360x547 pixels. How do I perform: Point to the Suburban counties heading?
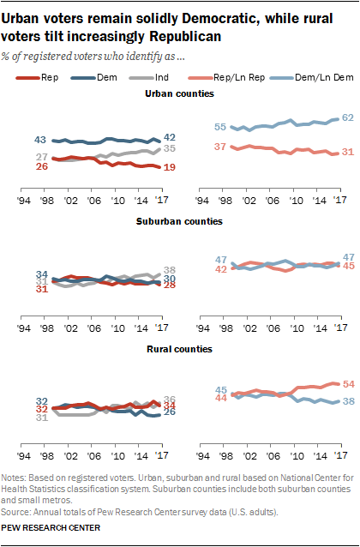point(178,220)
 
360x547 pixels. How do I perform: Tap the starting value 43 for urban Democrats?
point(39,139)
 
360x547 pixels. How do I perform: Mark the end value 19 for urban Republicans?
point(169,168)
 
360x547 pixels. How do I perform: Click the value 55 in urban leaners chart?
point(220,127)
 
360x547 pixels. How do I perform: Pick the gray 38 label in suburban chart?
point(169,269)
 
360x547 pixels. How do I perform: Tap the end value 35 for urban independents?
point(169,148)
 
